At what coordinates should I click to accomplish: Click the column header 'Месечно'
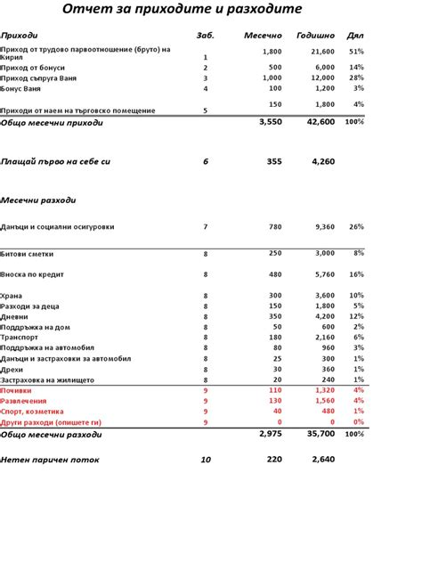[x=263, y=36]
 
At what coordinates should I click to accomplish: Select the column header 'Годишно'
[x=317, y=36]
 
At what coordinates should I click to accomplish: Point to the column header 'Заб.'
[x=206, y=36]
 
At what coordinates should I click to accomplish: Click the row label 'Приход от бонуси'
[x=35, y=67]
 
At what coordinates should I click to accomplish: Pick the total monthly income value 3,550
[x=270, y=121]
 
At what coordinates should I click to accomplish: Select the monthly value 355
[x=273, y=162]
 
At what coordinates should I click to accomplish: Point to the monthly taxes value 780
[x=274, y=227]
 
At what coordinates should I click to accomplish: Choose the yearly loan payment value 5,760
[x=325, y=275]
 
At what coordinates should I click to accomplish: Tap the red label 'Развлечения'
[x=25, y=401]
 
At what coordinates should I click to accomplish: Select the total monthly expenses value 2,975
[x=270, y=433]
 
